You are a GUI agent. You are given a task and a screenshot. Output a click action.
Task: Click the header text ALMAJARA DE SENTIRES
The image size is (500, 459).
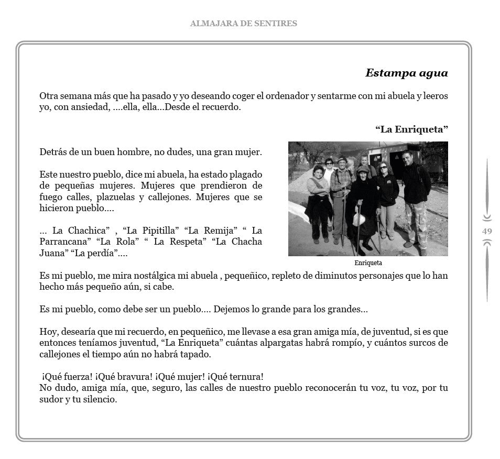(243, 23)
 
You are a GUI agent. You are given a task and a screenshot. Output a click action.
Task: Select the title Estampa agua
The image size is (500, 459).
(406, 73)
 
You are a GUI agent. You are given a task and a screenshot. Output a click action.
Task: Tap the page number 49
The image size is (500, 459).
(487, 231)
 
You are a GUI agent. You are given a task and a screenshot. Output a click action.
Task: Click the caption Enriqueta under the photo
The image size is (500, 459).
(368, 263)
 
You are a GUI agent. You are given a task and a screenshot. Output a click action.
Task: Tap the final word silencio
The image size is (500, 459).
(99, 400)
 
